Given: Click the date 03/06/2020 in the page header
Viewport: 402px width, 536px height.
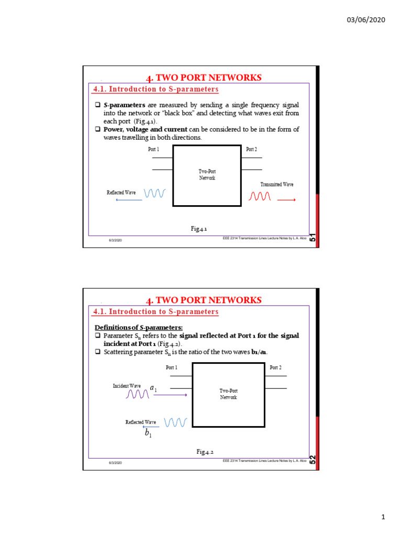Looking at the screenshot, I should pos(366,19).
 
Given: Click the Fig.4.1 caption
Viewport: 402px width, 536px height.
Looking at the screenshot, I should pos(199,229).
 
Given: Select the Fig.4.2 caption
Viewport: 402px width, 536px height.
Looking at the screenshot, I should pos(205,451).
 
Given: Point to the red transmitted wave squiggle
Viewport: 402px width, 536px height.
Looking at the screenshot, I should pos(260,196).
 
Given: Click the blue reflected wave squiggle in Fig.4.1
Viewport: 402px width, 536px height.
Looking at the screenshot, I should pos(154,193).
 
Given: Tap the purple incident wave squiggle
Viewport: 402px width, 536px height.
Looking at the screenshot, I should pos(138,394).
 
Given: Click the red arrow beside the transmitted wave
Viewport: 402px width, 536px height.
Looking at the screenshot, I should pos(286,199).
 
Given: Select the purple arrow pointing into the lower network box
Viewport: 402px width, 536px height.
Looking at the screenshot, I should pos(170,395).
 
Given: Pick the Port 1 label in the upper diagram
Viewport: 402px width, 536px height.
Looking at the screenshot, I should pos(153,149).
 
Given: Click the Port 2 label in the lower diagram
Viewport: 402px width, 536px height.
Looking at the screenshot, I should pos(275,367).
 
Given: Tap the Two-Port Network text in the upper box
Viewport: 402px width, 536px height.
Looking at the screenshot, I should pos(207,175).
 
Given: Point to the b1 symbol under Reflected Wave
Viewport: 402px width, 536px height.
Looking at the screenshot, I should pos(148,434).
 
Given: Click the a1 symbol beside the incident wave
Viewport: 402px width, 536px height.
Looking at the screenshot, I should pos(154,388).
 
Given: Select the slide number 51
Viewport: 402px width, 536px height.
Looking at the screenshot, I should pos(312,238).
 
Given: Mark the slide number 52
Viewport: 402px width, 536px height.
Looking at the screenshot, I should pos(312,460).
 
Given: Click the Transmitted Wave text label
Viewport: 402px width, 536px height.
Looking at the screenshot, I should pos(277,184).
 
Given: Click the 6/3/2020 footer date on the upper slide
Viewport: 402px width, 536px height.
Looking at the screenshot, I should pos(115,241).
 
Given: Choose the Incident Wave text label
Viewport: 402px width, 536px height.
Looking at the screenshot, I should pos(127,386).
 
